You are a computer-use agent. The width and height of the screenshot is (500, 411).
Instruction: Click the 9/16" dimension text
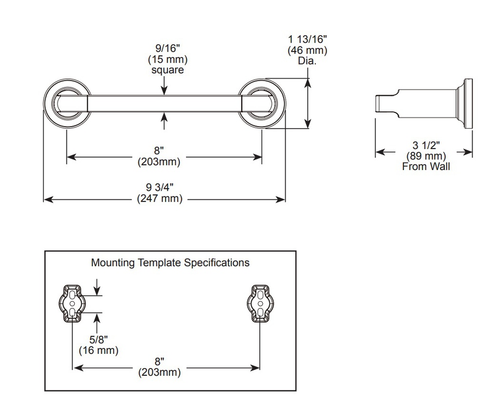click(x=168, y=48)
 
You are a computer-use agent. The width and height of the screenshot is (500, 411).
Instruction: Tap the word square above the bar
click(x=168, y=70)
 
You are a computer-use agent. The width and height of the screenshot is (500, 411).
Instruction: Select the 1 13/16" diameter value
click(x=308, y=40)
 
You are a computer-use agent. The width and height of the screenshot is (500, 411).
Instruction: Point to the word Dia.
click(x=308, y=61)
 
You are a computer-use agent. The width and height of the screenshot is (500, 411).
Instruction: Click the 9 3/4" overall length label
click(x=160, y=187)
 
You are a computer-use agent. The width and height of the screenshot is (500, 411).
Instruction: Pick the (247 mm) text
click(x=160, y=198)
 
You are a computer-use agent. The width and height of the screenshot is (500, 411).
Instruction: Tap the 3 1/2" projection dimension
click(x=426, y=146)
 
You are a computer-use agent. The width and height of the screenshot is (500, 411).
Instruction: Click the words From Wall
click(x=426, y=167)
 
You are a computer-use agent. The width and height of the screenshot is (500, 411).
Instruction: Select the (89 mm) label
click(x=426, y=156)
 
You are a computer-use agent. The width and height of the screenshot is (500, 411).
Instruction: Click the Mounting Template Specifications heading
click(x=170, y=262)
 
